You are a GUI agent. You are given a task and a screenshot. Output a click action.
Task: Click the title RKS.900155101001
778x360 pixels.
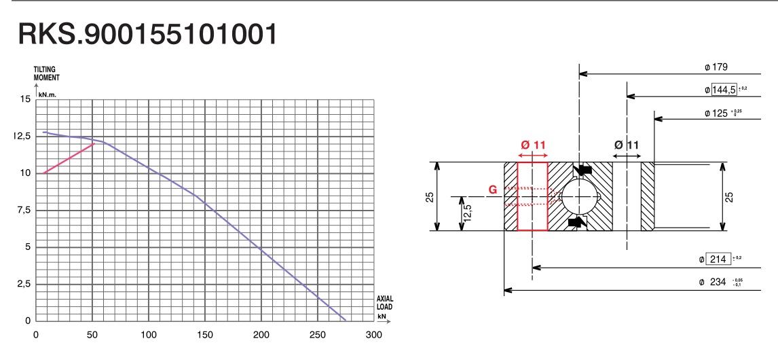pos(147,35)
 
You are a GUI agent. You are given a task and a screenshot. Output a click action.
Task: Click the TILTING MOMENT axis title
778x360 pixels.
pos(47,73)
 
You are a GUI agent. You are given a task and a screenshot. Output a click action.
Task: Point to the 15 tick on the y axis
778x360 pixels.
pos(26,99)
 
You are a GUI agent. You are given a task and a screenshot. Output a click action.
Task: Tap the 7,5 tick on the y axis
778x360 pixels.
pos(23,210)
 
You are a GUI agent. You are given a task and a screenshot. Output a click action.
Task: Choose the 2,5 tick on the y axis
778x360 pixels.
pos(23,284)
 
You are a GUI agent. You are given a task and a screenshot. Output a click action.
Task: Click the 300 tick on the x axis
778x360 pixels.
pos(373,334)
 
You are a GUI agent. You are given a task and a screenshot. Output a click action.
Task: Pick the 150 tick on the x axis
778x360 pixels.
pos(204,334)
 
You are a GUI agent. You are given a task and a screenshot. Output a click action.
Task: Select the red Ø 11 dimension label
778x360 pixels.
pos(533,145)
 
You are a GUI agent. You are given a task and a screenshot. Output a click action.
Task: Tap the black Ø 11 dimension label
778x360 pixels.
pos(627,145)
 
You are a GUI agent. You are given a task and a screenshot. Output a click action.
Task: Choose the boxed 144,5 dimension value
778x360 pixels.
pos(724,90)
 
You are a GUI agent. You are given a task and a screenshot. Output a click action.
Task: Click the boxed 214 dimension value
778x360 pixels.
pos(718,259)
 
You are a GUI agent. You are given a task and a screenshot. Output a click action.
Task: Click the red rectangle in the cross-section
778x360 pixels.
pos(533,196)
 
